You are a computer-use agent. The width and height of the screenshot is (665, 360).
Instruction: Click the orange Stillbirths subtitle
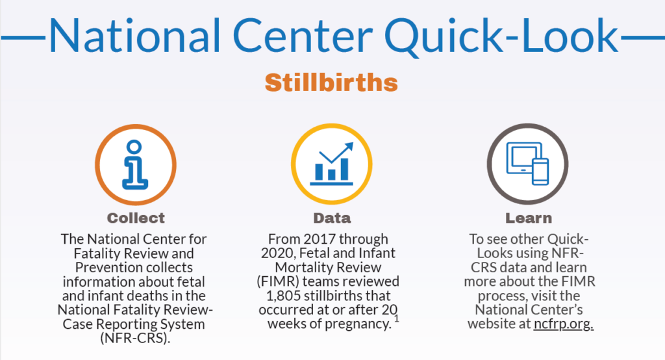[x=331, y=83]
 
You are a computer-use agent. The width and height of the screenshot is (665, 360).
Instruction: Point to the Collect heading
[x=136, y=218]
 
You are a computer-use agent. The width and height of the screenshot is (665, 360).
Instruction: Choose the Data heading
[x=331, y=218]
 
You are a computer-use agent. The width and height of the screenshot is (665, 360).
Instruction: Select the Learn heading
[x=528, y=218]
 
